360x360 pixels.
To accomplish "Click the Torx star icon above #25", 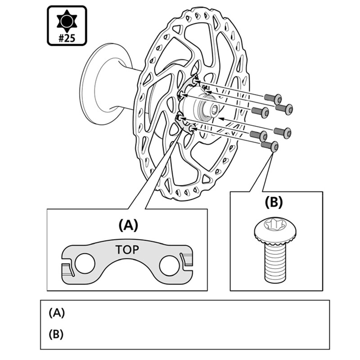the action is click(x=67, y=21).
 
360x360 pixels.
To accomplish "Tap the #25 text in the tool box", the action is click(x=67, y=38).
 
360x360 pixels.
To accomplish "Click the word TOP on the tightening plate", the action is click(x=127, y=250).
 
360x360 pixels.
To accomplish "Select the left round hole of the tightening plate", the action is click(x=85, y=263).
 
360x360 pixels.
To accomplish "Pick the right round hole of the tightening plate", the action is click(x=170, y=265).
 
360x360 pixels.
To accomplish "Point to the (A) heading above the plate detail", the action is click(x=128, y=225).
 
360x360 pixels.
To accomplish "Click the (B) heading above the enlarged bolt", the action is click(x=274, y=202).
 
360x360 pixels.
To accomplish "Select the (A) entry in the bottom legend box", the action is click(x=57, y=313).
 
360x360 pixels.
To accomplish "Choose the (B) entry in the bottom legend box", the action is click(x=56, y=334).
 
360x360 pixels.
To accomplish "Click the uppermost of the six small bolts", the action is click(x=273, y=99).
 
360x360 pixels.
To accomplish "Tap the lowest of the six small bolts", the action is click(x=270, y=146).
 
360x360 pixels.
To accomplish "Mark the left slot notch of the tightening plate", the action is click(x=68, y=270).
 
